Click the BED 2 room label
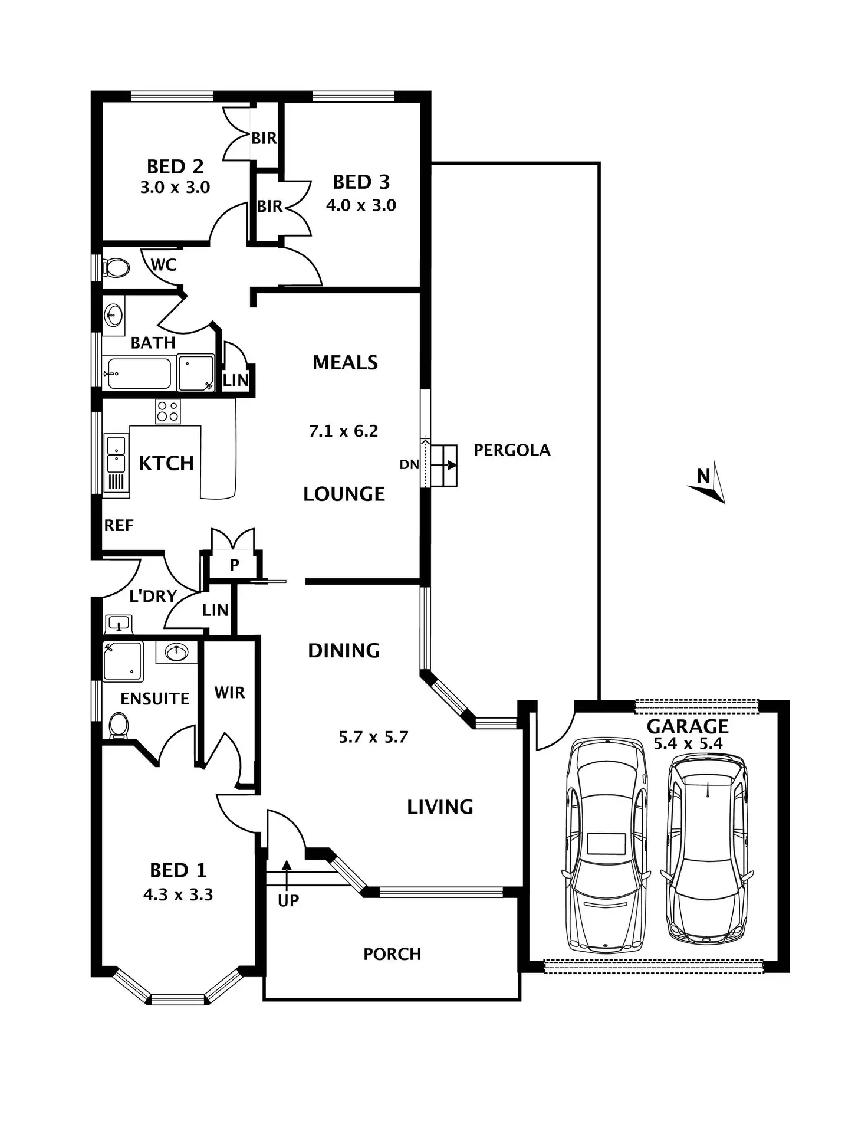[175, 167]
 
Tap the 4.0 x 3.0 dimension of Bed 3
[361, 205]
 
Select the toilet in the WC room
[117, 268]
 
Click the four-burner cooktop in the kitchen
[167, 411]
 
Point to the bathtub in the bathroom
[139, 373]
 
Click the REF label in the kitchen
[119, 525]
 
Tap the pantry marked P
[234, 565]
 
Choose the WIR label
[229, 692]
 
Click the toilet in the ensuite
[119, 725]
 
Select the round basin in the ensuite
[176, 652]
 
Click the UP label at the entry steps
[288, 900]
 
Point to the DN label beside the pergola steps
[409, 464]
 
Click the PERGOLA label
[512, 450]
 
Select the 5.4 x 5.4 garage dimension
[688, 743]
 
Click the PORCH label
[392, 954]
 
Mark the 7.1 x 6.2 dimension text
[343, 431]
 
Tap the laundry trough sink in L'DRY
[119, 624]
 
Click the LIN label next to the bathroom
[235, 381]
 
